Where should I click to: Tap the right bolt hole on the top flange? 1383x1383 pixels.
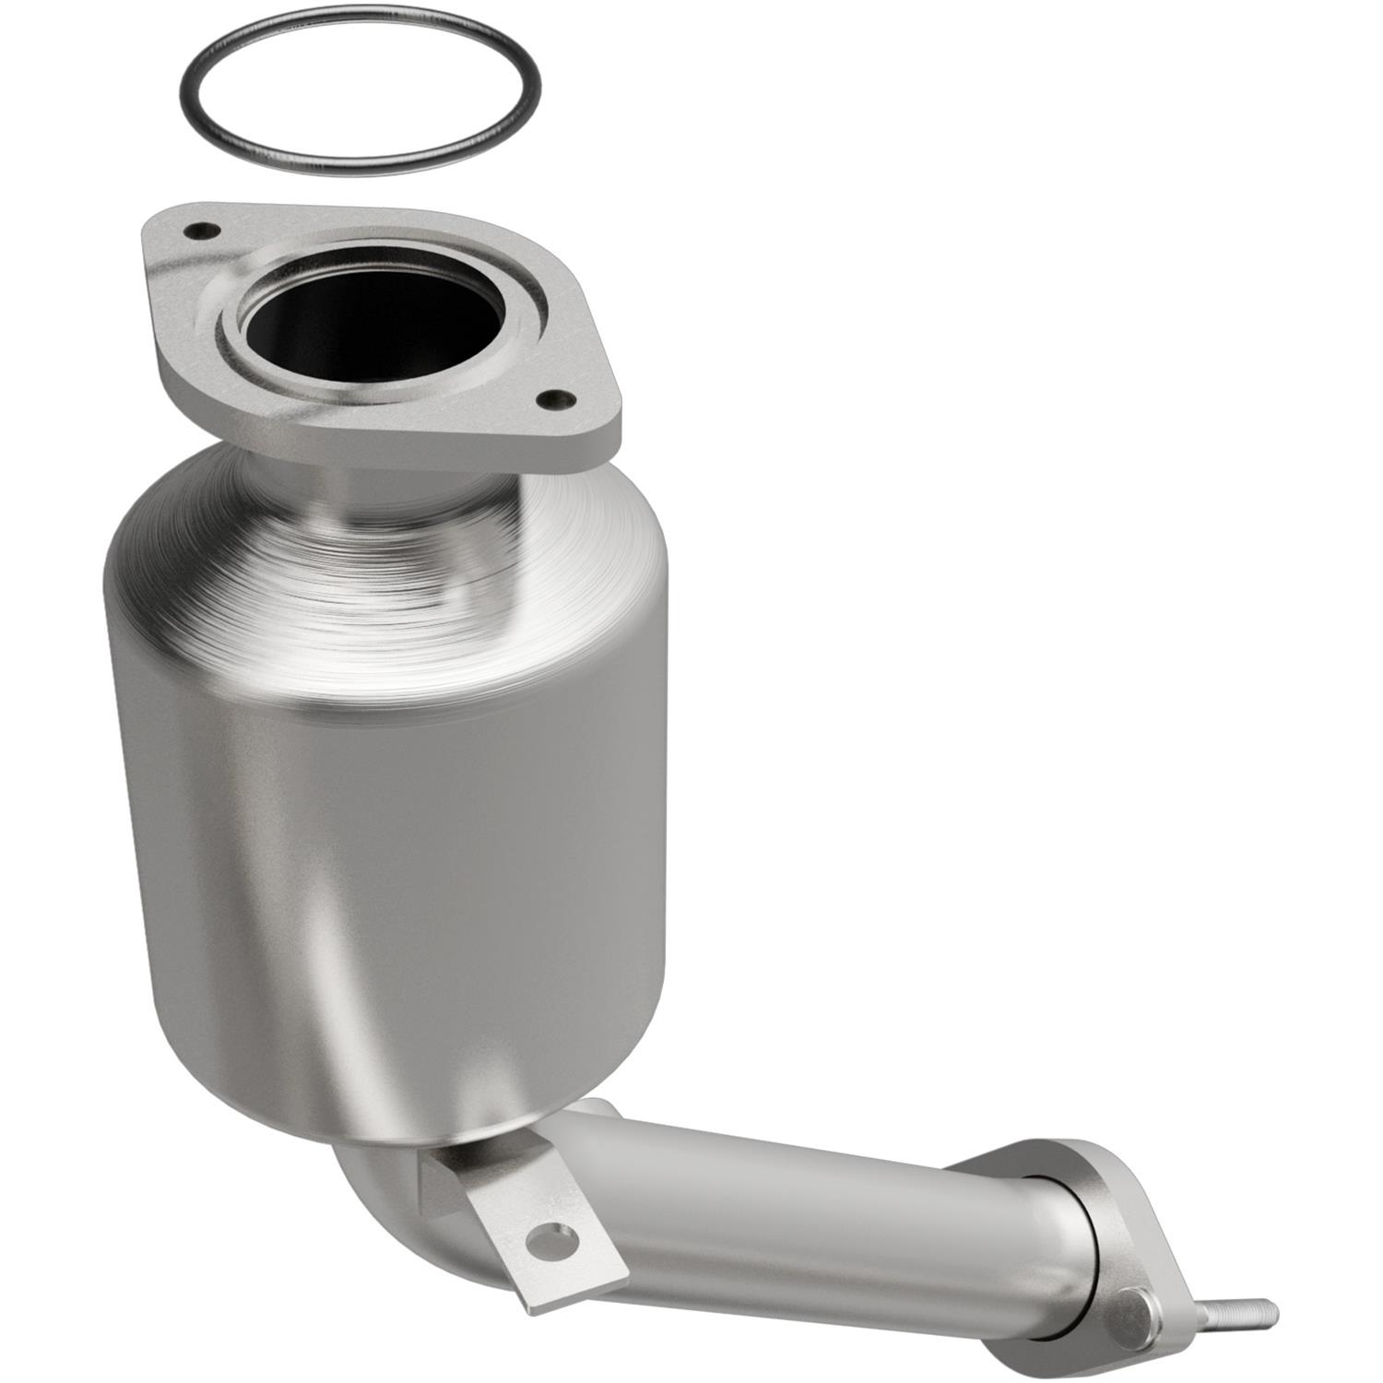[553, 399]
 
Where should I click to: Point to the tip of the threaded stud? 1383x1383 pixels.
[1272, 1307]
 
